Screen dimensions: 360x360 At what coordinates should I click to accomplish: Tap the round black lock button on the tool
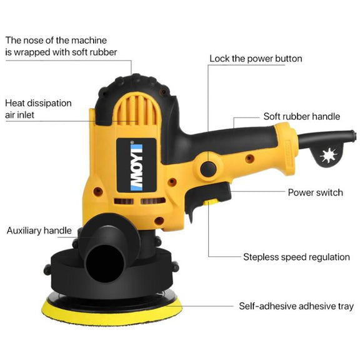click(208, 169)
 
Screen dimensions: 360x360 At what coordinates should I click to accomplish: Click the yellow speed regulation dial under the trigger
click(211, 202)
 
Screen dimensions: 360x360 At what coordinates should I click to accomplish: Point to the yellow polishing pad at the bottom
click(112, 312)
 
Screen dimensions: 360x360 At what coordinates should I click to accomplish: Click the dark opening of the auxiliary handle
click(105, 264)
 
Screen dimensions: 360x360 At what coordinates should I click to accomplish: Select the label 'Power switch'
click(316, 192)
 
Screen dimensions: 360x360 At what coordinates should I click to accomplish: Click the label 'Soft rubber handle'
click(302, 116)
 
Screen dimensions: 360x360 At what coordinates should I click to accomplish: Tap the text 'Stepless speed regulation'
click(296, 257)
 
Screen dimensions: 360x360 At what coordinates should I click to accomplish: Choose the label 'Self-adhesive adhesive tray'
click(296, 306)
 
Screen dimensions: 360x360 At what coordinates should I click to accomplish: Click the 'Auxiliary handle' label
click(39, 231)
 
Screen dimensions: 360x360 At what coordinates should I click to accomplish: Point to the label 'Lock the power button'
click(256, 59)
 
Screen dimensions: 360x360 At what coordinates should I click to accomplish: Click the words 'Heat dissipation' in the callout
click(38, 103)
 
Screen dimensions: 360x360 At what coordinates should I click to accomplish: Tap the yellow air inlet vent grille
click(136, 109)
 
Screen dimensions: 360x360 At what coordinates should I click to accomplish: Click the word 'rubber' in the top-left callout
click(103, 52)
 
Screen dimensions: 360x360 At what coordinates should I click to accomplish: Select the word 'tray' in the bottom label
click(346, 307)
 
